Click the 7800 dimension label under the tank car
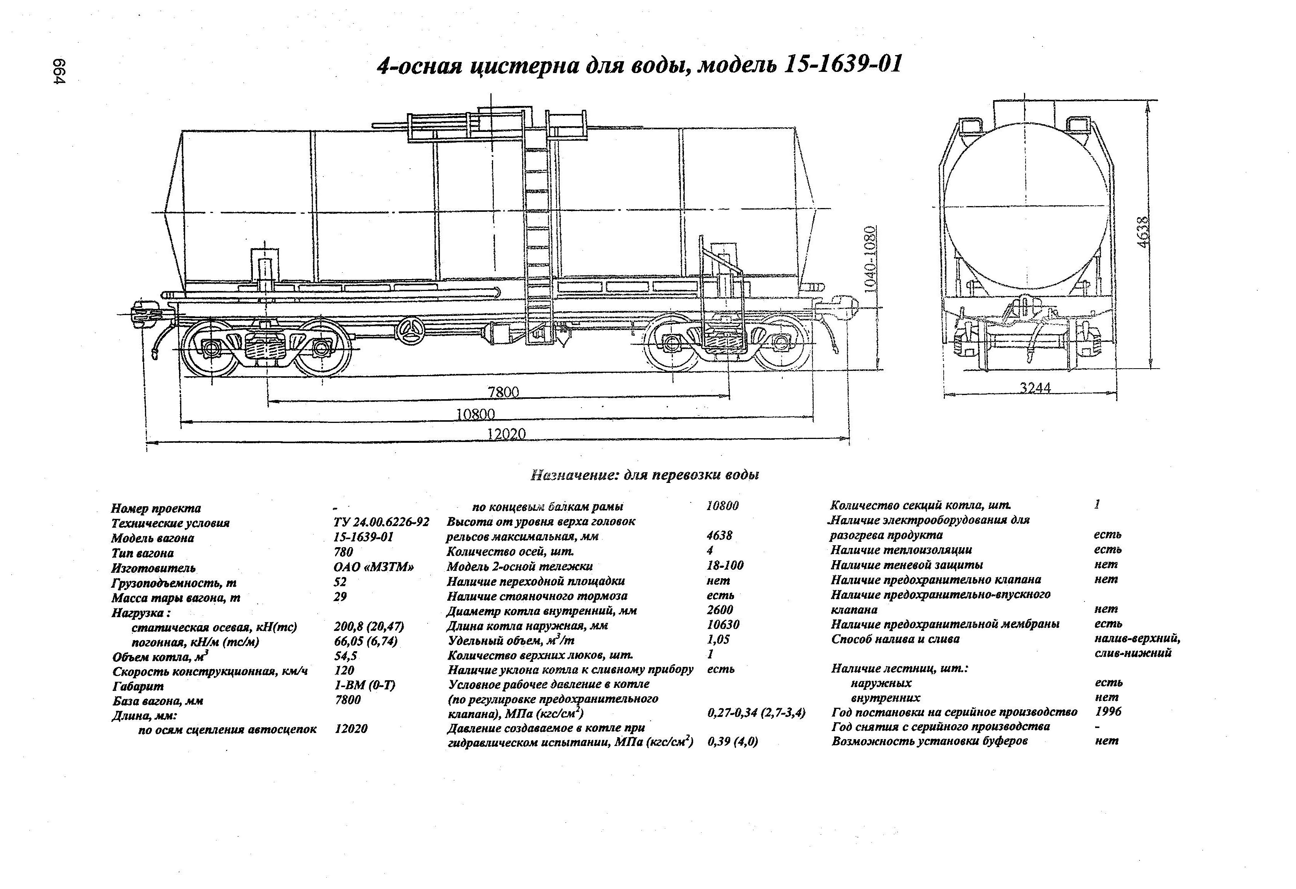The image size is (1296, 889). click(503, 392)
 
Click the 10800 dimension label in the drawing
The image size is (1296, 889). click(475, 414)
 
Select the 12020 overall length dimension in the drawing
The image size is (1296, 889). click(506, 434)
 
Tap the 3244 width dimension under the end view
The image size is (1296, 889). click(1035, 387)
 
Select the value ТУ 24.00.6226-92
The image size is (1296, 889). click(381, 522)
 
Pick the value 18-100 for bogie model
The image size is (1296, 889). click(725, 565)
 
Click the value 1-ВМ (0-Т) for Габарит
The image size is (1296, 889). click(365, 685)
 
